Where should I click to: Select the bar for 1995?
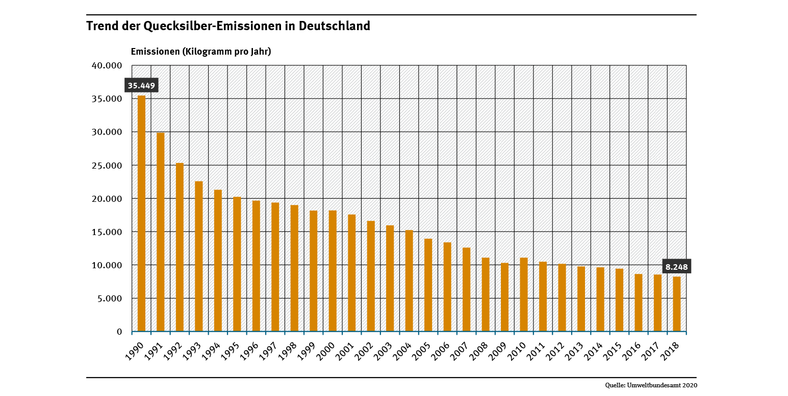(x=237, y=264)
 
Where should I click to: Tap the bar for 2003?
(x=390, y=278)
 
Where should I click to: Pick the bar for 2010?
(x=524, y=295)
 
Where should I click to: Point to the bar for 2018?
(x=677, y=304)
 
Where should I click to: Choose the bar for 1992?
(x=180, y=247)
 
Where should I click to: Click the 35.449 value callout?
(x=141, y=85)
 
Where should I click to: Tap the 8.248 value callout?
(x=677, y=267)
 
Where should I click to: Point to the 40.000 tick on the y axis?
(x=107, y=65)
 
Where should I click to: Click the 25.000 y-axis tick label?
(x=107, y=166)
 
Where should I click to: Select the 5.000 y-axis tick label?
(x=109, y=298)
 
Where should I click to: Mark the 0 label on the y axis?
(x=119, y=332)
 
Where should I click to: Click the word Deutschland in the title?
(x=335, y=26)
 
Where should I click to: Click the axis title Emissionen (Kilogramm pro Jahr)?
(x=201, y=52)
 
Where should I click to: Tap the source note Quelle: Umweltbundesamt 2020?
(x=651, y=385)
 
